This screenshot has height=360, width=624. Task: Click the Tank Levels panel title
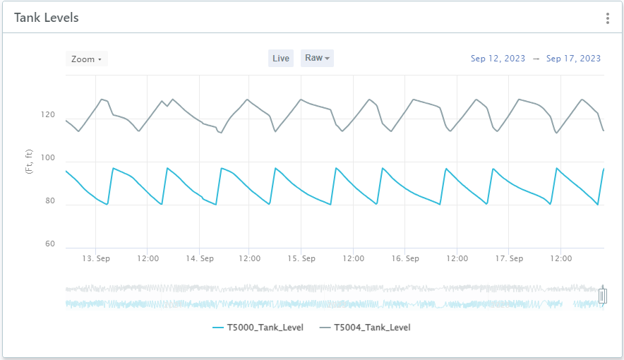point(47,18)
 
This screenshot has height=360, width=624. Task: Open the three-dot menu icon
point(607,18)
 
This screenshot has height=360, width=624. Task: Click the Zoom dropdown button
point(87,59)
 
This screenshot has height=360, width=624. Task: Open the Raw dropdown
point(317,58)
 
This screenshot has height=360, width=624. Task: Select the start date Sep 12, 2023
point(498,59)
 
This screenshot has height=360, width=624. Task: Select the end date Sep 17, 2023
point(573,59)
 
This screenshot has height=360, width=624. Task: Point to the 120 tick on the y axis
point(49,115)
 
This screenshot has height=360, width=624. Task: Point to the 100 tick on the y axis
point(49,158)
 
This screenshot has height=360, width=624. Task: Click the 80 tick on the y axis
point(49,201)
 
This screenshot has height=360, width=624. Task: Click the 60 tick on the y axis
point(49,244)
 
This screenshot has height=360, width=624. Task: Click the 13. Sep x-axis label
point(96,259)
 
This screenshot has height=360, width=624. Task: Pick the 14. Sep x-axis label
point(200,259)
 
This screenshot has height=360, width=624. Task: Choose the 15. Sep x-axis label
point(301,259)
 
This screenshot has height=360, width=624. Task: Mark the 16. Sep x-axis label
point(405,259)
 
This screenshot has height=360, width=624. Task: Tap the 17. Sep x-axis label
point(508,259)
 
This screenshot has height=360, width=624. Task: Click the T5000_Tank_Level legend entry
point(258,328)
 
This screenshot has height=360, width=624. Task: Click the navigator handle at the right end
point(602,296)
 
